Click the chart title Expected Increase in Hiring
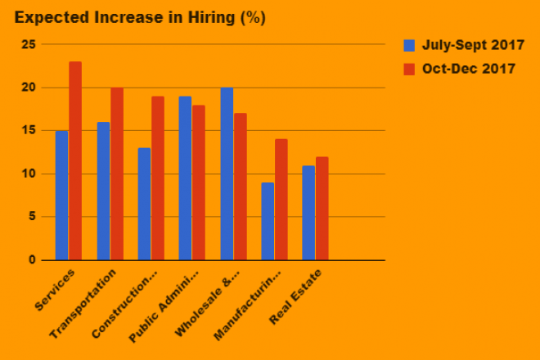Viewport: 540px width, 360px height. (140, 17)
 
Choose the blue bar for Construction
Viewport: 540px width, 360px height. (144, 204)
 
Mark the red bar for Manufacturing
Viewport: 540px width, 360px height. (281, 200)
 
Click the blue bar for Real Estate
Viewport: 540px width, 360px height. (308, 213)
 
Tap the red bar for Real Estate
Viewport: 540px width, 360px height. (322, 209)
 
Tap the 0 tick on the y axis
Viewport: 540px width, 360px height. (33, 260)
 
